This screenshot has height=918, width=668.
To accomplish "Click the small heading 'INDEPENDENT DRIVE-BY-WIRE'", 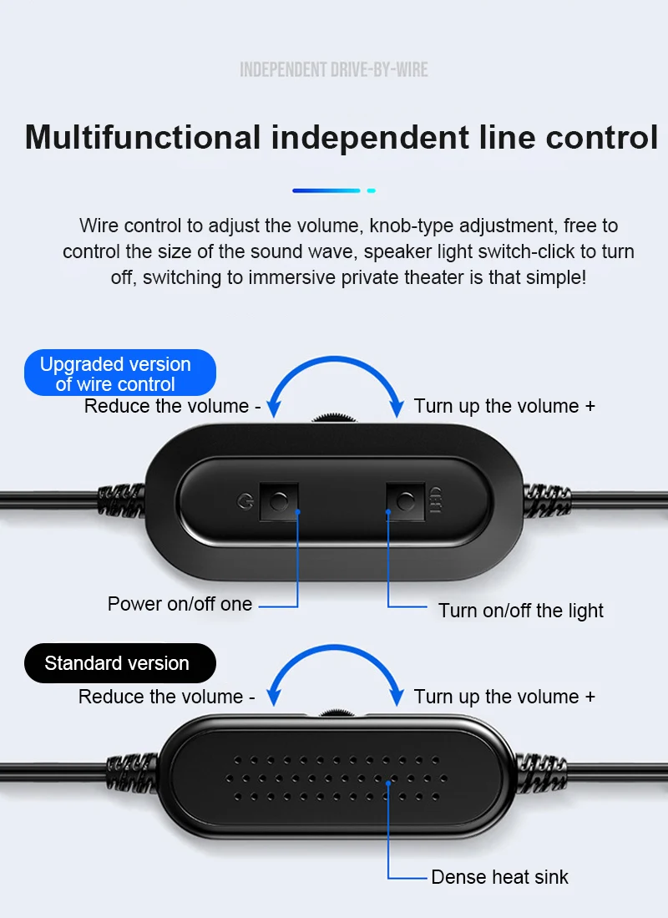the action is tap(334, 69).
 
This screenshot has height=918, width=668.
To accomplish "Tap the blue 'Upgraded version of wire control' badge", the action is tap(116, 373).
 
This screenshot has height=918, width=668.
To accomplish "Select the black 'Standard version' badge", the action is tap(117, 663).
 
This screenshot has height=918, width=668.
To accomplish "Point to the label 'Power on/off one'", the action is tap(180, 604).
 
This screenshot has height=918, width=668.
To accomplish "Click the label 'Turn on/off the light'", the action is tap(521, 611).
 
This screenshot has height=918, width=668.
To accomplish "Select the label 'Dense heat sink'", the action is tap(499, 877).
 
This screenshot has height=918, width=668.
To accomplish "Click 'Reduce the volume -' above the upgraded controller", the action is tap(173, 406).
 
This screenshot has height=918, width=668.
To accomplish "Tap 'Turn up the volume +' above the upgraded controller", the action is tap(504, 406).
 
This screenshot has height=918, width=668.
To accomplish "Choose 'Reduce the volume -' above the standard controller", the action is tap(167, 697).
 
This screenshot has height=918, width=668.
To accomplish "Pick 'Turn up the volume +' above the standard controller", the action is tap(504, 697).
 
